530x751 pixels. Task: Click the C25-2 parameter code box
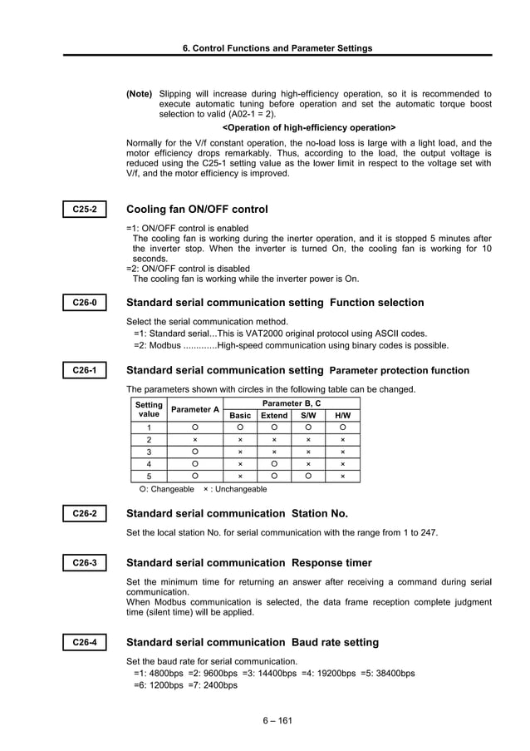tap(85, 210)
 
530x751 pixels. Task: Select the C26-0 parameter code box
tap(85, 303)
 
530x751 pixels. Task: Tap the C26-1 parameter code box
tap(85, 370)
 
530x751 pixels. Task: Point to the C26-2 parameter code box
tap(85, 514)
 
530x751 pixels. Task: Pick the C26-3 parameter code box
tap(85, 563)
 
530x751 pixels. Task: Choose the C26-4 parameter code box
tap(85, 642)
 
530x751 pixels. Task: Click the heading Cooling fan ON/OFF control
tap(197, 210)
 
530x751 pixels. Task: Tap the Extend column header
tap(274, 415)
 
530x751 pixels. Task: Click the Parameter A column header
tap(195, 409)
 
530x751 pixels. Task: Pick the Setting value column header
tap(149, 408)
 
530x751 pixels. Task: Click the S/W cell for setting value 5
tap(308, 477)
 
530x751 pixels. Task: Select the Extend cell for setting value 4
tap(274, 464)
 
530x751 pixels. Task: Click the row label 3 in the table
tap(149, 452)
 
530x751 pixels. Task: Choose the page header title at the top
tap(277, 48)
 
